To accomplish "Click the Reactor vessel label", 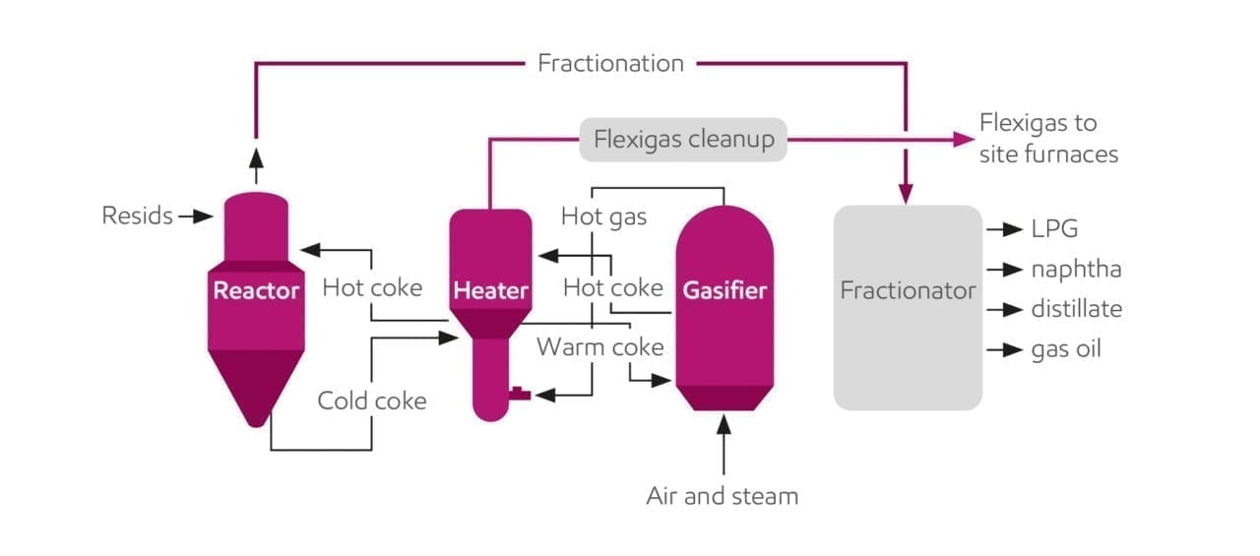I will (256, 290).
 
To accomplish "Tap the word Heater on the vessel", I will (490, 290).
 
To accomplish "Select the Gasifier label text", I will (724, 290).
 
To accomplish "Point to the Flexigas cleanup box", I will (683, 140).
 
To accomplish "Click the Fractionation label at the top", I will (610, 64).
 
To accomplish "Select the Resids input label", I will (137, 216).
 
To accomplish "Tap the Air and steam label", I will (722, 496).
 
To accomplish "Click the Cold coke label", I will (371, 401).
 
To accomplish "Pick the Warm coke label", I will (599, 347).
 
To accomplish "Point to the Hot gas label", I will (603, 216).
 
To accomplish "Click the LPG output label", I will (1054, 229).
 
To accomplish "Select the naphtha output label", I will (1076, 270).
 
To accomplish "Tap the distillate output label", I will (1076, 309).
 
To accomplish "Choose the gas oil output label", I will (1065, 349).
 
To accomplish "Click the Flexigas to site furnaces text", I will (1047, 139).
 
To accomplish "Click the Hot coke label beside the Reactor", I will (371, 287).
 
